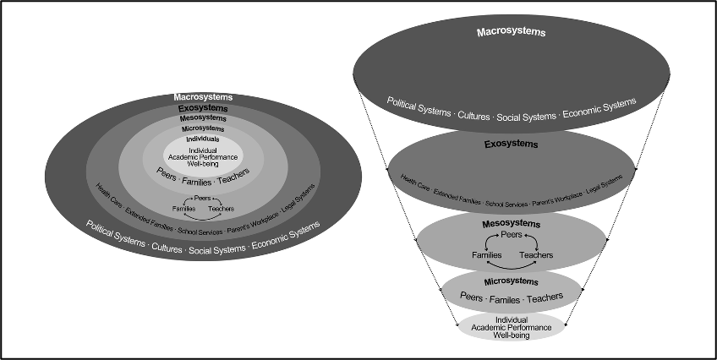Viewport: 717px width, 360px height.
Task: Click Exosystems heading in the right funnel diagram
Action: [x=510, y=145]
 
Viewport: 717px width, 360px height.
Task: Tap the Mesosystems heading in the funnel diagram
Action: [x=512, y=224]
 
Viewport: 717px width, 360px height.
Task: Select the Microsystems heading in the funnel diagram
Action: [x=511, y=280]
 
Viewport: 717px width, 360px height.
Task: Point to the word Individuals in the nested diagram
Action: [x=203, y=139]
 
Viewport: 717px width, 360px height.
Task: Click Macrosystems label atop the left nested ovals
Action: [x=203, y=98]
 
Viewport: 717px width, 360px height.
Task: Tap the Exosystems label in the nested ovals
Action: [x=203, y=109]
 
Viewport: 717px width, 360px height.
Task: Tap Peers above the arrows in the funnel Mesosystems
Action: [x=512, y=234]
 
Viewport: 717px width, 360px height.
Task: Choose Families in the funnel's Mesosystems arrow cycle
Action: [x=486, y=254]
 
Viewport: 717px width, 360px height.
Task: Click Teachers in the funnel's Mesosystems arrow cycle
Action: [x=536, y=254]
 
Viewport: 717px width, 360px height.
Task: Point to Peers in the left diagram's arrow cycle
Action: [x=203, y=198]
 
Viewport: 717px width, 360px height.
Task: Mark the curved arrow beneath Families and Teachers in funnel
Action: [x=512, y=266]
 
